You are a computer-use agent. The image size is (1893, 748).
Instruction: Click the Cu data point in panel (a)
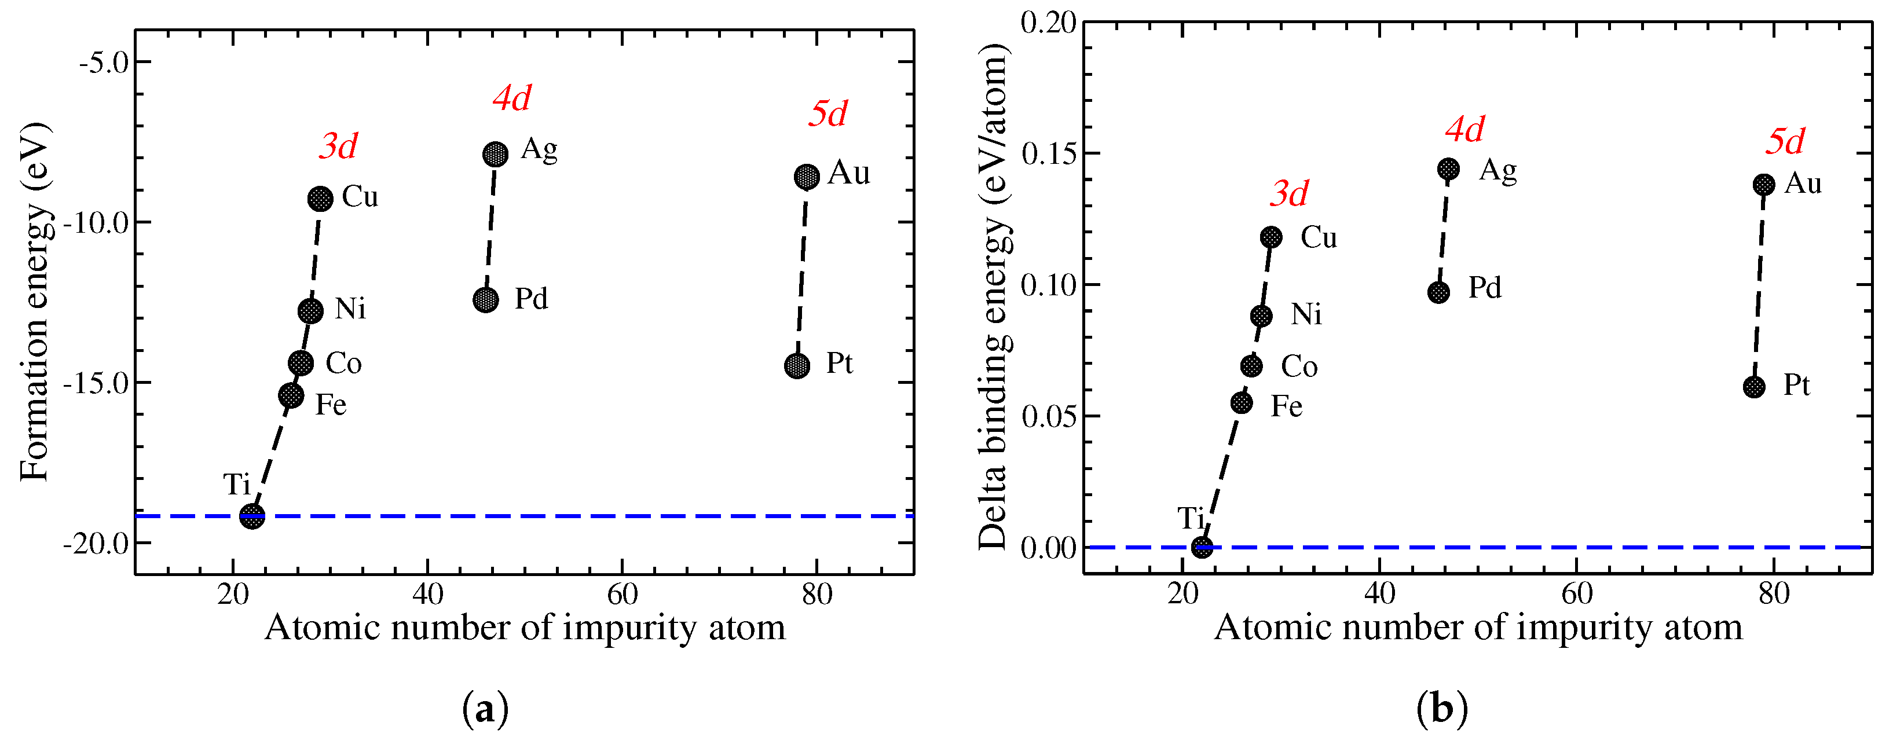pos(320,199)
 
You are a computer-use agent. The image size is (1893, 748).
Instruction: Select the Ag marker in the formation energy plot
pos(495,155)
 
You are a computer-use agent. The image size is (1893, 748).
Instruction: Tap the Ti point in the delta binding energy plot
pos(1202,547)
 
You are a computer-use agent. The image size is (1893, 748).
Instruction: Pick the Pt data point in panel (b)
pos(1754,387)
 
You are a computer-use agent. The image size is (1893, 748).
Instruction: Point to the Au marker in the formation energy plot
pos(807,177)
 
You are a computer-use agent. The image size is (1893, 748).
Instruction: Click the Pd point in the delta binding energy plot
pos(1439,292)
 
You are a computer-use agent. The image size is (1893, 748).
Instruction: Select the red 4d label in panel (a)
pos(511,98)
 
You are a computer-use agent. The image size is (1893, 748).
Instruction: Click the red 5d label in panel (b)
pos(1785,141)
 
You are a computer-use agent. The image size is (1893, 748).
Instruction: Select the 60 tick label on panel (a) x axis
pos(623,593)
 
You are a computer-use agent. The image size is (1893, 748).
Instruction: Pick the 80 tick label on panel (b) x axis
pos(1774,593)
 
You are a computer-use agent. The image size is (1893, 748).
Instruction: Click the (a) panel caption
pos(485,710)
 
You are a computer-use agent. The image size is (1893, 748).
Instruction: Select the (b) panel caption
pos(1442,710)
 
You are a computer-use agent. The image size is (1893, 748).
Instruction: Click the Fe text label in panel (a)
pos(331,405)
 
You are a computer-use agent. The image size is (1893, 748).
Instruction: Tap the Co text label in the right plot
pos(1299,366)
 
